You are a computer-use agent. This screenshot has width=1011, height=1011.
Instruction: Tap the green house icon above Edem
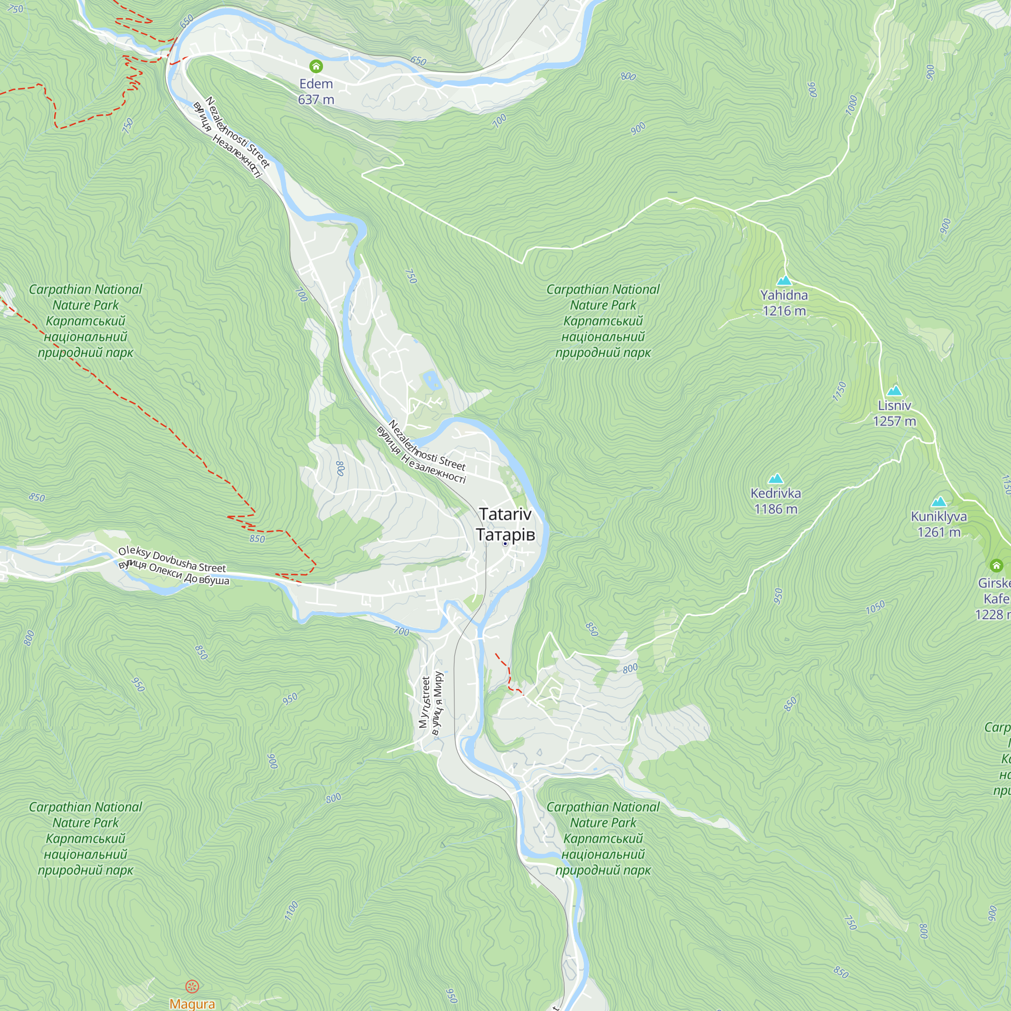click(x=316, y=66)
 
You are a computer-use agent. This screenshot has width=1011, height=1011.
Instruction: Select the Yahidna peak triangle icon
click(x=784, y=281)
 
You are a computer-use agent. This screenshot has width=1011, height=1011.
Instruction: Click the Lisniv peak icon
click(x=894, y=390)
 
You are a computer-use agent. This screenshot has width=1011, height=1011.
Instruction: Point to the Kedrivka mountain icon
click(x=775, y=478)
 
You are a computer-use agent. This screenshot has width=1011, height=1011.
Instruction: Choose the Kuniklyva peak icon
click(x=939, y=502)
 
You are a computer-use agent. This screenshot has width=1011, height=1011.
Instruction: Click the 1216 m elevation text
click(x=784, y=311)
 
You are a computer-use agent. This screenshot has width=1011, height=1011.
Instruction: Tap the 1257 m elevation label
click(x=894, y=421)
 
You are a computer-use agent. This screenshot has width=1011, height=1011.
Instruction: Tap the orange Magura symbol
click(x=192, y=986)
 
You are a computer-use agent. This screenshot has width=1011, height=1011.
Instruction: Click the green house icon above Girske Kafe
click(x=996, y=565)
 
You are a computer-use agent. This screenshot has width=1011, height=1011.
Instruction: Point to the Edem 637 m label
click(x=316, y=91)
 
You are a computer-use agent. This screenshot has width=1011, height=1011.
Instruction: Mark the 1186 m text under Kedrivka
click(x=775, y=509)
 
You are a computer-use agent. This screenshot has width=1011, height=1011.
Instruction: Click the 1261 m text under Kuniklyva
click(x=939, y=532)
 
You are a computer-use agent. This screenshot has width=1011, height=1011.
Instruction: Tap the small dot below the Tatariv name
click(x=505, y=544)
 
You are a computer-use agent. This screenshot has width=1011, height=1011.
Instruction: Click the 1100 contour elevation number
click(x=292, y=910)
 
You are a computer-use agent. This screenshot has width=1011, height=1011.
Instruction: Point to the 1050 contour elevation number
click(x=876, y=607)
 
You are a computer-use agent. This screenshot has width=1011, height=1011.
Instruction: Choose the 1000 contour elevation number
click(x=851, y=105)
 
